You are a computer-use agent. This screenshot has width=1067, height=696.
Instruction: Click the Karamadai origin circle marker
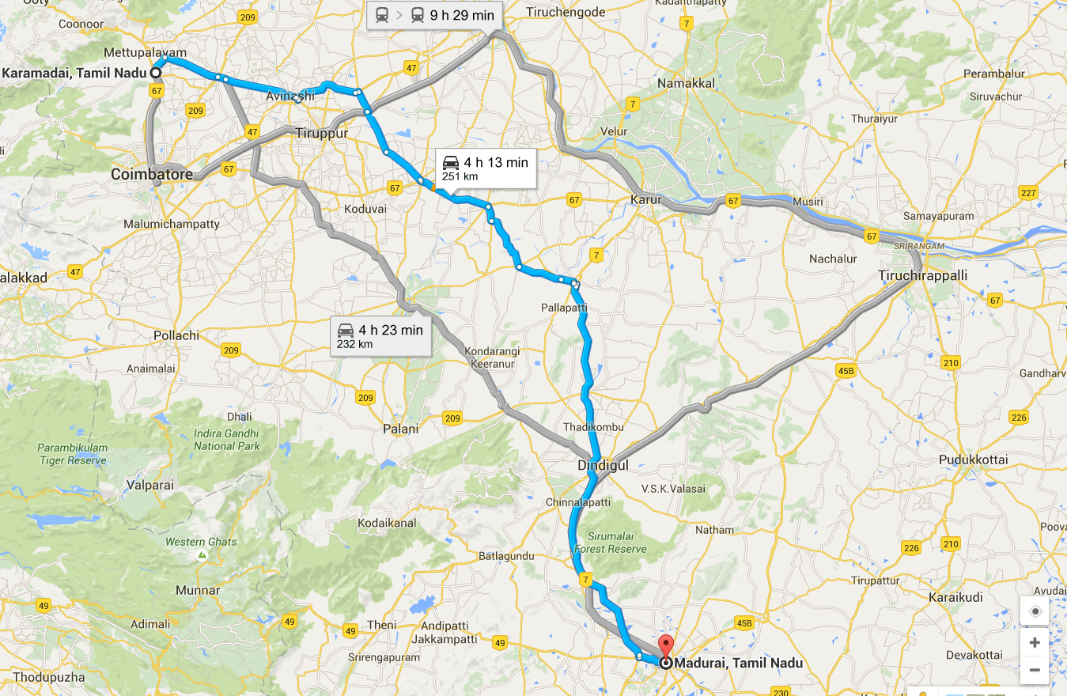(156, 72)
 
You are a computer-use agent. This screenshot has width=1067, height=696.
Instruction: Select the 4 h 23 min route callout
(381, 335)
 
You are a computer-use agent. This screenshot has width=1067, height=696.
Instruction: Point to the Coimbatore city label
(152, 174)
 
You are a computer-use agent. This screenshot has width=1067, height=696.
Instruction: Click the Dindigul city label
(603, 465)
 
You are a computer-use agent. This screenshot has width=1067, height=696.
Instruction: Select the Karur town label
(645, 199)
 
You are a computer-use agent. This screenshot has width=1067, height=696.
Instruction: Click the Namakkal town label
(686, 83)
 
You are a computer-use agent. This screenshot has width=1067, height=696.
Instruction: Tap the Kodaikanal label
(387, 524)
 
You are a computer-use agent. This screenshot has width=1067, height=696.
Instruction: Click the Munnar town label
(198, 590)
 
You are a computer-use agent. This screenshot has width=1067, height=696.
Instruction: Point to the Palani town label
(400, 429)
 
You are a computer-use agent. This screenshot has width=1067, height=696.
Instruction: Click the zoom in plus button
(1035, 642)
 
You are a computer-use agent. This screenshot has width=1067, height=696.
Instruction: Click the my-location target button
(1035, 611)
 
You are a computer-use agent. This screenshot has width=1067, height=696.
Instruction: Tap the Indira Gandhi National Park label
(226, 440)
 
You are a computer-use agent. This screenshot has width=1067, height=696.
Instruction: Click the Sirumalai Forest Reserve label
(610, 543)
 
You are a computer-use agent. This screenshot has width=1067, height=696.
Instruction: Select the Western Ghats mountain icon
(202, 556)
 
